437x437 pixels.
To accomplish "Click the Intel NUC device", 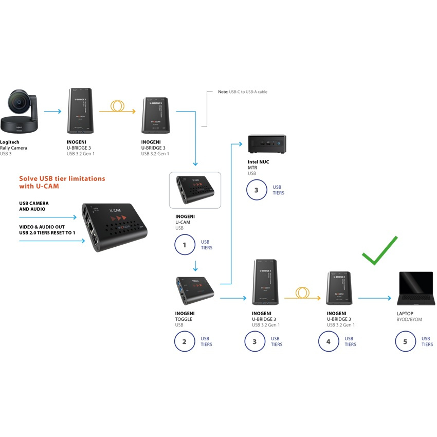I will click(267, 143).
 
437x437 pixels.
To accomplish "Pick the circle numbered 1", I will click(185, 245).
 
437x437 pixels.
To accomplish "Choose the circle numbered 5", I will click(405, 341).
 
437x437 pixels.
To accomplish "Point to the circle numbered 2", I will click(185, 341).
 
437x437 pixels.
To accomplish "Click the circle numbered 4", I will click(329, 341).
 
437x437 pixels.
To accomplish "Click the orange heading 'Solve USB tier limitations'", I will click(62, 178).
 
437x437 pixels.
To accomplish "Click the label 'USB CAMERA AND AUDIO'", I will click(34, 206).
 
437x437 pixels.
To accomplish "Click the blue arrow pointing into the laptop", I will click(375, 298).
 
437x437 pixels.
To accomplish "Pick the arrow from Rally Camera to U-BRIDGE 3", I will click(52, 111).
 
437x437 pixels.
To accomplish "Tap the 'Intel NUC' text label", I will click(258, 162).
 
